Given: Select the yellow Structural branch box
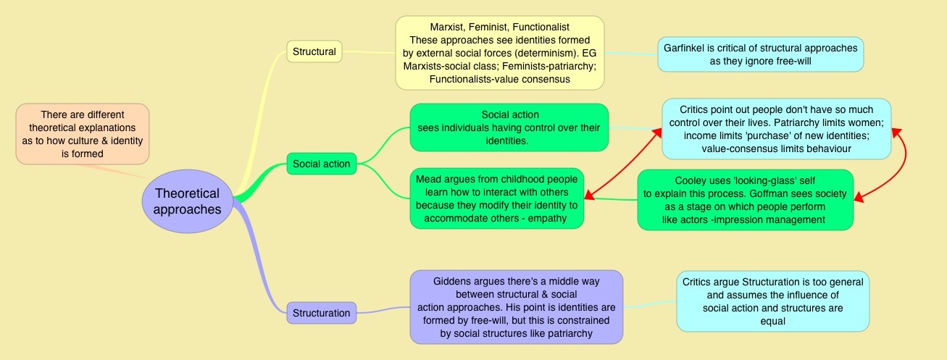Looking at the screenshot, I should pos(314,51).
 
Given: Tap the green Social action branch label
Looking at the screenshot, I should pos(321,164).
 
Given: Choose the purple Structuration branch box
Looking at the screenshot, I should pos(321,313).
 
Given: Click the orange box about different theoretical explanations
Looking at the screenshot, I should pos(82,134).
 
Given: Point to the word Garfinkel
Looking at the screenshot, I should pos(685,48).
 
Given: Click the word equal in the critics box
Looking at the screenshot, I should pos(772,321).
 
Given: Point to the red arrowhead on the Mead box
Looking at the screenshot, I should pos(588,195).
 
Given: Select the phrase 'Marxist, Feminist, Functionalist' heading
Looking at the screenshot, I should pos(499,27).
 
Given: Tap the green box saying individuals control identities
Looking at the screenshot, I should pos(509,127).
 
